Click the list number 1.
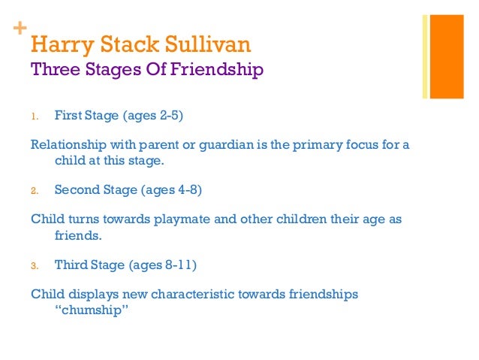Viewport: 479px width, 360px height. (x=34, y=116)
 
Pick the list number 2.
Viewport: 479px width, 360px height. (x=34, y=191)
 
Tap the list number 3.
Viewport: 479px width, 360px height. (x=34, y=265)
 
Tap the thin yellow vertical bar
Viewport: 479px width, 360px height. (x=425, y=56)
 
